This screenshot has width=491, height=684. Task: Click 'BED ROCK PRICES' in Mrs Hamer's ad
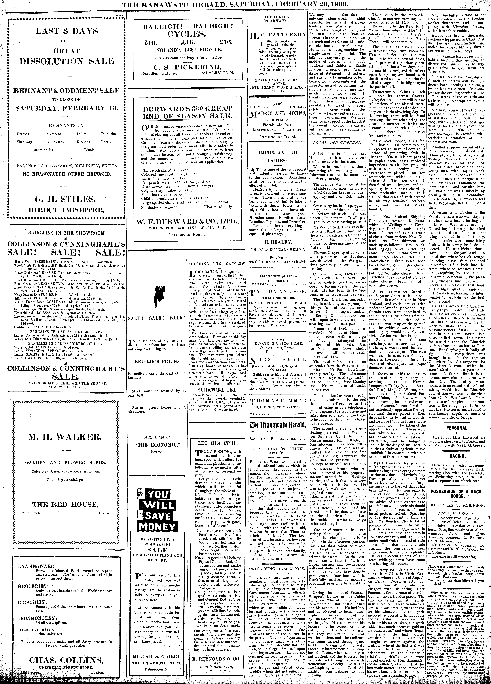pos(157,361)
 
